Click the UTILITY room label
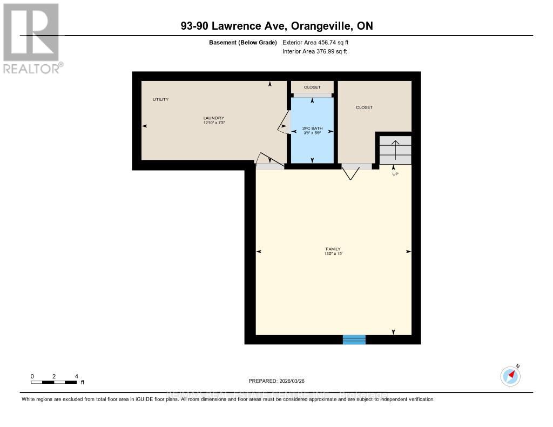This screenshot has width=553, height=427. coord(160,99)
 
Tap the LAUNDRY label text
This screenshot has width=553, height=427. coord(213,118)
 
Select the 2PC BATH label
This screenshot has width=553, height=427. coord(312,128)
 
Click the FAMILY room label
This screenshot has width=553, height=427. coord(333,249)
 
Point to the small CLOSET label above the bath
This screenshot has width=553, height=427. coord(312,87)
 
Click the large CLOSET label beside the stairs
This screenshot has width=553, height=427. coord(364,107)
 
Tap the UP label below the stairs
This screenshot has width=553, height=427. coord(395,174)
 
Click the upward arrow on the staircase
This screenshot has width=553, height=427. coord(395,150)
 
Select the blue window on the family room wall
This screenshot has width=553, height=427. coord(354,340)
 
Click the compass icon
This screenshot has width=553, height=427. coord(510,376)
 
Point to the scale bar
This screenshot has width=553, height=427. coord(54,382)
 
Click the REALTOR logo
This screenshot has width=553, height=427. coord(31,38)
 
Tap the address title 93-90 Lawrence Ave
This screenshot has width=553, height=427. coord(276,26)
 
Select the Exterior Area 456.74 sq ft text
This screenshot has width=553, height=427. coord(319,42)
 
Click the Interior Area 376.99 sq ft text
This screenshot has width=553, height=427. coord(315,52)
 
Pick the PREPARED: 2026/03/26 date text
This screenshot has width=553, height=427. coord(276,381)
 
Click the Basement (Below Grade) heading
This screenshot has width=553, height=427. coord(242,42)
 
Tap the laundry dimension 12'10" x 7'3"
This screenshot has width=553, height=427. coord(213,123)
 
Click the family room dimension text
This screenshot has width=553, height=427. coord(333,254)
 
